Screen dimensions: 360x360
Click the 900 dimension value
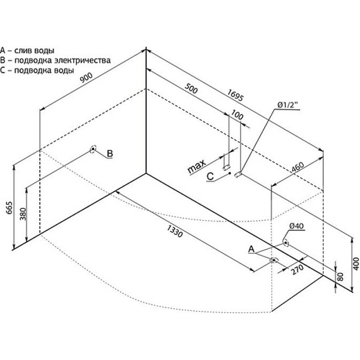(x=86, y=77)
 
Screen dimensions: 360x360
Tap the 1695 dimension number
(x=235, y=95)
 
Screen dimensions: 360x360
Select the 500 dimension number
(x=191, y=88)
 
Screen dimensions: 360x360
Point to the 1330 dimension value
(x=175, y=231)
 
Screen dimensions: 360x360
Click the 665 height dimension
(x=9, y=208)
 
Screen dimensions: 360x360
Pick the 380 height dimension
(x=23, y=214)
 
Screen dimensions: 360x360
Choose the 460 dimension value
(x=297, y=167)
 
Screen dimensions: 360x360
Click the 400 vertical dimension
(x=356, y=264)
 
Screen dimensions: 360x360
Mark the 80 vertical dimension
(x=341, y=277)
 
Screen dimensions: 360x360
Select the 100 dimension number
(x=237, y=115)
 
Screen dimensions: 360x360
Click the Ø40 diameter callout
(x=297, y=226)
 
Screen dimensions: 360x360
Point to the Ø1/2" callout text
(x=288, y=105)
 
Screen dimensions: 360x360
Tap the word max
(x=197, y=166)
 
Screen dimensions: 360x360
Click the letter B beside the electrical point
(x=110, y=153)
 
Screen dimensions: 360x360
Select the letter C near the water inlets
(x=210, y=176)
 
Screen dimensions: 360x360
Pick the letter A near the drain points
(x=252, y=249)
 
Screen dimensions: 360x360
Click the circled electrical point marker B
(x=93, y=149)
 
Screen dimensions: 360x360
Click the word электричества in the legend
(x=83, y=60)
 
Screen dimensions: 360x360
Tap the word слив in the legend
(x=23, y=50)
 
